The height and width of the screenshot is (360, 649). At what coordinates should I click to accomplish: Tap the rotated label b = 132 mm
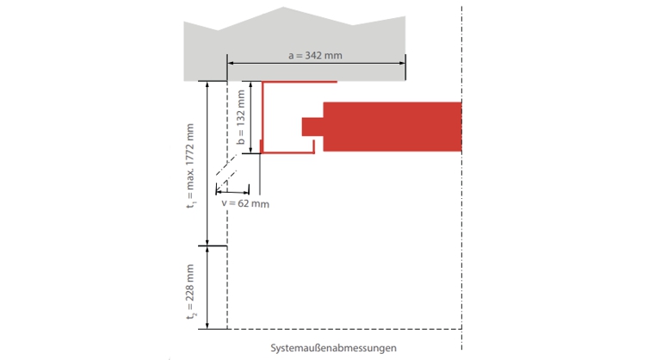tap(242, 118)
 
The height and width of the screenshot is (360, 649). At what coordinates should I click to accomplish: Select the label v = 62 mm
tap(245, 203)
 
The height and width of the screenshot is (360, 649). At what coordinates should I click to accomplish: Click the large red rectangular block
tap(392, 126)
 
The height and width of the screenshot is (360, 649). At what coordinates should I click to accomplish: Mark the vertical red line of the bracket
tap(262, 117)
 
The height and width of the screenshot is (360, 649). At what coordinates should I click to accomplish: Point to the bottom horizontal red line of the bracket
tap(287, 152)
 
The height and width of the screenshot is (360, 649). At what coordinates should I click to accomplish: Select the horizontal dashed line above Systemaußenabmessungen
tap(344, 329)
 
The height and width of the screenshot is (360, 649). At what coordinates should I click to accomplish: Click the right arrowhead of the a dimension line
tap(402, 63)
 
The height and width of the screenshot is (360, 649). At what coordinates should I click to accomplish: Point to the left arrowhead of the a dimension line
tap(230, 63)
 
